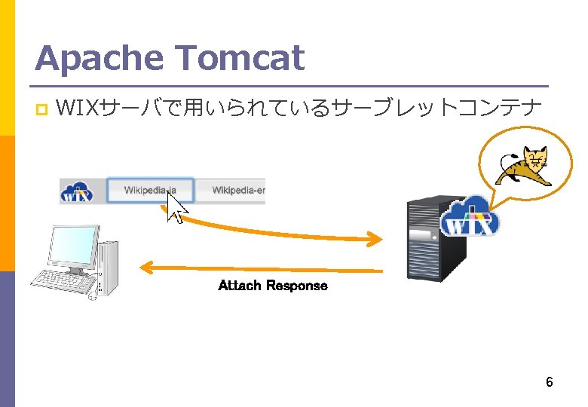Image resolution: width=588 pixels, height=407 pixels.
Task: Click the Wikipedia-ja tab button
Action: (150, 190)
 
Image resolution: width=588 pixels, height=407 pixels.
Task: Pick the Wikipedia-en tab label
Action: (238, 190)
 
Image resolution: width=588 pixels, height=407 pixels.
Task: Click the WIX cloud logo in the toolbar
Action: (77, 191)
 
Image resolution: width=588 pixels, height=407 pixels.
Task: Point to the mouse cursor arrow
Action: (176, 207)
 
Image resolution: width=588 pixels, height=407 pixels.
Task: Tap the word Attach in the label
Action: (240, 286)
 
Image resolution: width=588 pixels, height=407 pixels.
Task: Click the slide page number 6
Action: (550, 382)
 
